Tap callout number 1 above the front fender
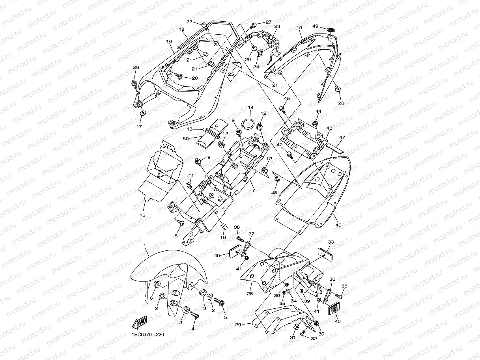pyautogui.click(x=145, y=245)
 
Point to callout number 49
pyautogui.click(x=316, y=26)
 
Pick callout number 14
pyautogui.click(x=250, y=107)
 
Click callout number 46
pyautogui.click(x=338, y=225)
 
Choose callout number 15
pyautogui.click(x=142, y=215)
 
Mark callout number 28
pyautogui.click(x=250, y=294)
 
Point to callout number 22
pyautogui.click(x=189, y=22)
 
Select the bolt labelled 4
pyautogui.click(x=194, y=315)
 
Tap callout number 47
pyautogui.click(x=342, y=138)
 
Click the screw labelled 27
pyautogui.click(x=253, y=26)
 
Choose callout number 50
pyautogui.click(x=185, y=138)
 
